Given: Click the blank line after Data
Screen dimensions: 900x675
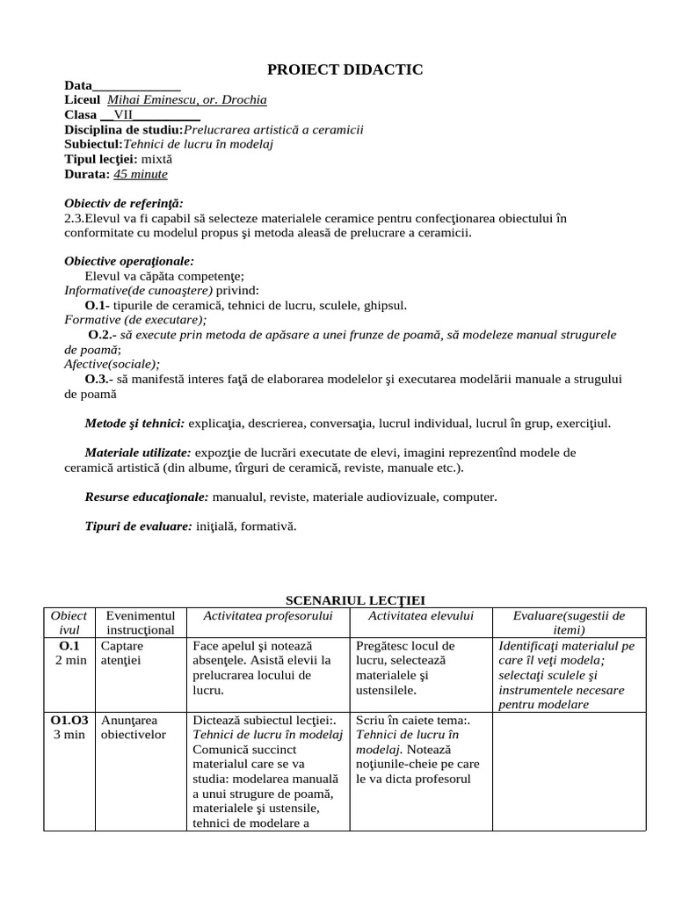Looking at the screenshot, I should (136, 85).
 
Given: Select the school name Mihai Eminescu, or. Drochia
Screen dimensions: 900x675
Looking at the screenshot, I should (186, 100).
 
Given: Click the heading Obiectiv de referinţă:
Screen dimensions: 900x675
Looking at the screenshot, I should (124, 204).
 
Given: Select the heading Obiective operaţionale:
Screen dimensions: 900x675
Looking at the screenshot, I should (129, 261).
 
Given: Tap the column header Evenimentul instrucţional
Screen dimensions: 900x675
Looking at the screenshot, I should (141, 623).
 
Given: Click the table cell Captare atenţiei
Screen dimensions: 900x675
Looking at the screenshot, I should (128, 653).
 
